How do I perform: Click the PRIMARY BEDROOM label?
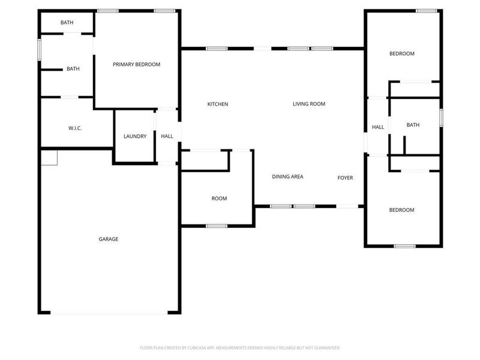point(137,64)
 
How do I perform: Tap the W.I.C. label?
point(75,128)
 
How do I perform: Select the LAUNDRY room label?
point(135,136)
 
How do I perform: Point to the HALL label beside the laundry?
point(167,136)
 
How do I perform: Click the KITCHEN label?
point(218,104)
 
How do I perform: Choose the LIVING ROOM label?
point(309,104)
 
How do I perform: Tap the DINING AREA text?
point(287,176)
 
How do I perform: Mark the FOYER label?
point(345,177)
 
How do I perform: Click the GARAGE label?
point(109,239)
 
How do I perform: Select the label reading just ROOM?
point(219,199)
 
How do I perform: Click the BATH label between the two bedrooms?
point(413,125)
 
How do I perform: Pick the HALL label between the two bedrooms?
point(378,127)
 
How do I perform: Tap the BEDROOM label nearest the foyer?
point(402,210)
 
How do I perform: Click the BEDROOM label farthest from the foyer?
point(402,53)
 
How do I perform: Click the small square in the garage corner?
point(49,157)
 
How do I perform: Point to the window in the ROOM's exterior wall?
point(217,226)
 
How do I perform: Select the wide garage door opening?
point(109,313)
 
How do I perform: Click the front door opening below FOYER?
point(347,206)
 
